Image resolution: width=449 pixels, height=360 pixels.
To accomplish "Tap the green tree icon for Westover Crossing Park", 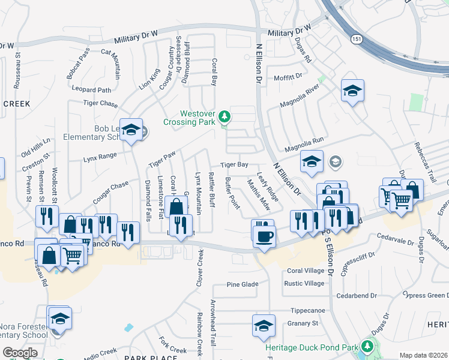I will point(224,116).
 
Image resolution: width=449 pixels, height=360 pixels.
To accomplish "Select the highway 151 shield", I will point(356,39).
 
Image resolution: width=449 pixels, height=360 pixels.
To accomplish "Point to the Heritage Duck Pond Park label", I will point(311,347).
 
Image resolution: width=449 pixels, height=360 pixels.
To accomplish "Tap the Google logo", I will point(20,353).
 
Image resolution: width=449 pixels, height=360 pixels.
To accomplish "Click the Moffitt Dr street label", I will point(288,77).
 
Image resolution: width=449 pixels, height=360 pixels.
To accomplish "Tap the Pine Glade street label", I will point(243,284).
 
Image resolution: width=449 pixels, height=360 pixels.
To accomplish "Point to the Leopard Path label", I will point(91,90).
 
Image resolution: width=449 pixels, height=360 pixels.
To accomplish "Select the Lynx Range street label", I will point(100,157).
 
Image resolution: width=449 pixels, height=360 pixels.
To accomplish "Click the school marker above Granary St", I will point(263,326).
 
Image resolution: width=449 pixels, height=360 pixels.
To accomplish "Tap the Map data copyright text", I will point(424,355).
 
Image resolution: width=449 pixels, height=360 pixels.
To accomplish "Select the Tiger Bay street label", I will point(234,164).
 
